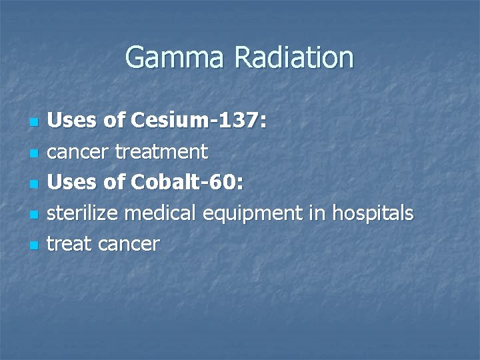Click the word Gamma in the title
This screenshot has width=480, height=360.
[175, 58]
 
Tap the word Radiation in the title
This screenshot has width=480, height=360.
[293, 58]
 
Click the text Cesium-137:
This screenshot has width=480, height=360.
[199, 121]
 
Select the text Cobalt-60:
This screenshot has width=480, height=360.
[188, 183]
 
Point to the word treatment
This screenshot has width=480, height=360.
[161, 152]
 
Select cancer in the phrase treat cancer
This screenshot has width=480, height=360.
[129, 245]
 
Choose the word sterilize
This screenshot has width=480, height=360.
[85, 213]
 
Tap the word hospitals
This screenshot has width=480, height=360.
[373, 213]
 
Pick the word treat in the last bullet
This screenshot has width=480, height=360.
[71, 244]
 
